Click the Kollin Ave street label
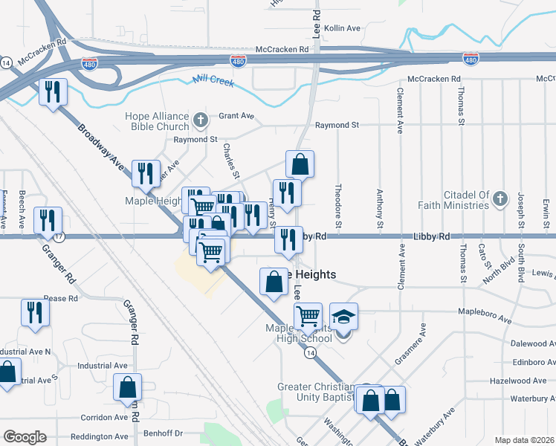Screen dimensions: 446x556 pyautogui.click(x=342, y=28)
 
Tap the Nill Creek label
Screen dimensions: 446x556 pyautogui.click(x=213, y=80)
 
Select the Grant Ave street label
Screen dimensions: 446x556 pyautogui.click(x=236, y=116)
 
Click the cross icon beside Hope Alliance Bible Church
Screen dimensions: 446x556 pyautogui.click(x=200, y=120)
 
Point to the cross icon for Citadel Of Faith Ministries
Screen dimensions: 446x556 pyautogui.click(x=500, y=199)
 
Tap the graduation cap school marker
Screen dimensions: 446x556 pyautogui.click(x=343, y=317)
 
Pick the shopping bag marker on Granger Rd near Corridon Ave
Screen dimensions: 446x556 pyautogui.click(x=127, y=387)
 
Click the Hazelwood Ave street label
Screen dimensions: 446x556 pyautogui.click(x=529, y=381)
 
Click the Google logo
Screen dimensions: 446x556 pyautogui.click(x=25, y=437)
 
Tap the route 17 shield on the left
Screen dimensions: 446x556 pyautogui.click(x=59, y=236)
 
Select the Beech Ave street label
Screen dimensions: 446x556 pyautogui.click(x=22, y=208)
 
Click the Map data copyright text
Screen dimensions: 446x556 pyautogui.click(x=523, y=440)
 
